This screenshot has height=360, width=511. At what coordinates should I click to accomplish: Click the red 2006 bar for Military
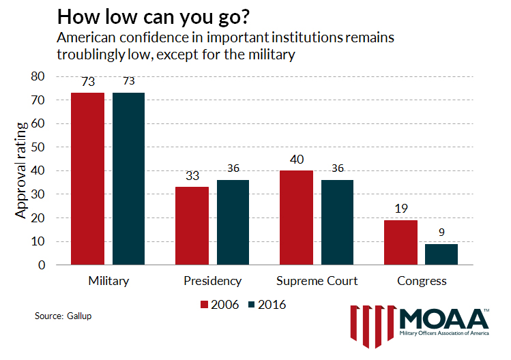[88, 179]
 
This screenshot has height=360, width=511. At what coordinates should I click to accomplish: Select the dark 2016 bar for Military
[129, 179]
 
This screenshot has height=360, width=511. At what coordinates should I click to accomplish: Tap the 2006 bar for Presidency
[192, 226]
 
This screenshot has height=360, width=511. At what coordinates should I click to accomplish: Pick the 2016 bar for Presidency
[233, 222]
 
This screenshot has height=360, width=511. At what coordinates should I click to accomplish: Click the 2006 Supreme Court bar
[296, 217]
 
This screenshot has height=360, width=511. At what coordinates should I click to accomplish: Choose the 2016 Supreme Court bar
[338, 222]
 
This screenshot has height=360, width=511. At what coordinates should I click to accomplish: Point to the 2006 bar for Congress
[400, 242]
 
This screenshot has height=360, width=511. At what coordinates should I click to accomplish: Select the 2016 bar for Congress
[441, 254]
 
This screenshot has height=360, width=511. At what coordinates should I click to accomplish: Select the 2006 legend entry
[220, 304]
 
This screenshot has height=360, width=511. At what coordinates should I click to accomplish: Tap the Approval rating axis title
[23, 170]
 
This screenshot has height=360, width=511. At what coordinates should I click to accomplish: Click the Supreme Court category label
[317, 281]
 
